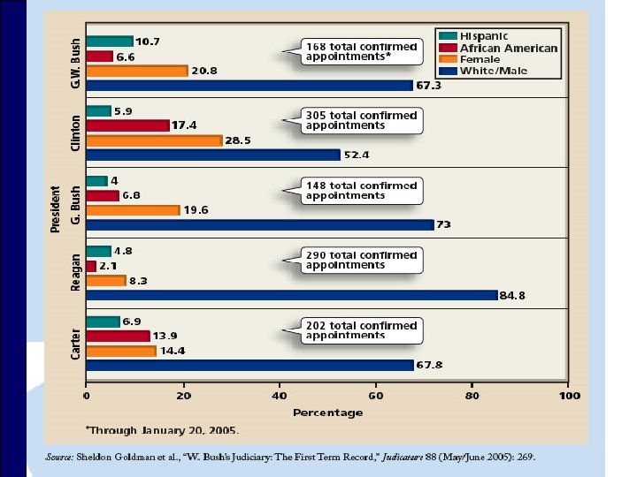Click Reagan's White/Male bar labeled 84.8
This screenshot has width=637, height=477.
[292, 295]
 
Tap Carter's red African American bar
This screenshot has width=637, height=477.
[118, 336]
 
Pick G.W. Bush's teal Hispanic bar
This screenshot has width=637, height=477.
[109, 41]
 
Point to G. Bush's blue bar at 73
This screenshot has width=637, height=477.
[259, 224]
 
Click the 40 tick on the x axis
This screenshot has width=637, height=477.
[280, 395]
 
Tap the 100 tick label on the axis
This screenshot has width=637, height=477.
[569, 395]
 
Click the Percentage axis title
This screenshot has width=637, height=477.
[327, 413]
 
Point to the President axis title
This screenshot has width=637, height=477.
[55, 209]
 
